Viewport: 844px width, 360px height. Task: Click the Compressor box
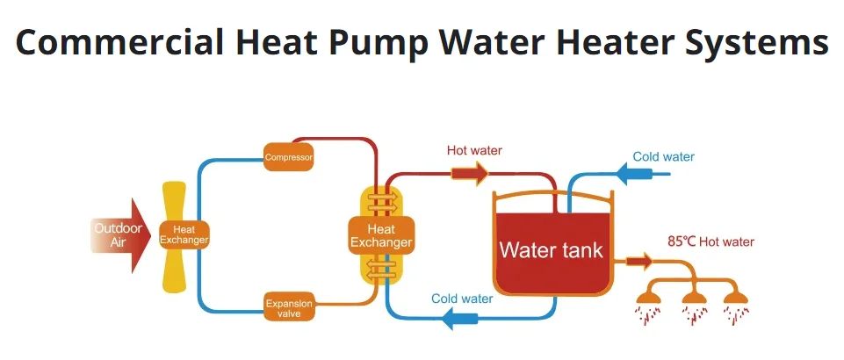pos(289,157)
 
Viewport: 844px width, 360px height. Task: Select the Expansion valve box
pos(289,306)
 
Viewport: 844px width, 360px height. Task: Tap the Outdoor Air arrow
pos(120,235)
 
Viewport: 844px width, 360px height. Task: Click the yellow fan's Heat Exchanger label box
pos(184,235)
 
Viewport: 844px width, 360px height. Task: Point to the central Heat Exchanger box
pos(381,235)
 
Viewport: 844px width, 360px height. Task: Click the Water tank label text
pos(552,249)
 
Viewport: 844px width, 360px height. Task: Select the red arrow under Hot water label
pos(469,174)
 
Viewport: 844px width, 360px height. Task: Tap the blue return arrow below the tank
pos(459,318)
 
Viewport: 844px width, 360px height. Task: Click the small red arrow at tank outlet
pos(639,262)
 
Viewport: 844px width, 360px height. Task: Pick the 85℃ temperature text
pos(682,242)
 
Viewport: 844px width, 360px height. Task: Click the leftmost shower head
pos(649,298)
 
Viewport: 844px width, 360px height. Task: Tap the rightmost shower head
pos(735,298)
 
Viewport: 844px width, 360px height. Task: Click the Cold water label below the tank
pos(462,299)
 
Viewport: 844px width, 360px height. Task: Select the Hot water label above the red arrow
pos(474,150)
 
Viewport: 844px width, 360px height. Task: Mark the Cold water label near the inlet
pos(664,156)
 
